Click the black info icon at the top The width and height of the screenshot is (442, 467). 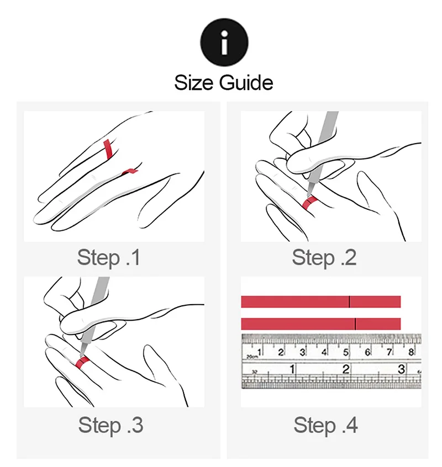[224, 42]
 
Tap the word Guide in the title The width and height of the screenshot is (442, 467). [246, 83]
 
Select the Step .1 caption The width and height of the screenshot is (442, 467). [109, 258]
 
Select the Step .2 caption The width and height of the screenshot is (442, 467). [324, 258]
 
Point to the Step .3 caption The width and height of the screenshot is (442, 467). [110, 425]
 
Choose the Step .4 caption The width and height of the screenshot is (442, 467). [326, 425]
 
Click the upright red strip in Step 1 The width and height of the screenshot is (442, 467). [108, 149]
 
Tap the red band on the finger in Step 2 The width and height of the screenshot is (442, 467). [309, 203]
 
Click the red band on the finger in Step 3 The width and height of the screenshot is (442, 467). [83, 362]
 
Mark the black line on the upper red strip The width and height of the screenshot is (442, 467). [349, 301]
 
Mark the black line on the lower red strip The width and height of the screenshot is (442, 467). [355, 323]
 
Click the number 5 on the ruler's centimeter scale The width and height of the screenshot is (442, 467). [346, 352]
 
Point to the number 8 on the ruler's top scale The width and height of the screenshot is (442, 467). [411, 352]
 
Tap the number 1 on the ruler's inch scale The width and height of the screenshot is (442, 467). [292, 369]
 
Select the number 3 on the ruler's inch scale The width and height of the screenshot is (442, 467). [402, 369]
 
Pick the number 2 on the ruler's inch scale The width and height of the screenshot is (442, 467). [346, 369]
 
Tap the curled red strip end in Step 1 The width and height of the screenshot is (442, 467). [130, 171]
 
